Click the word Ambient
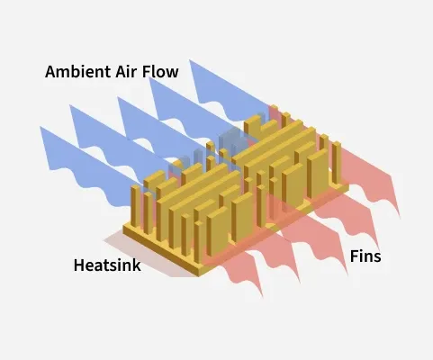pyautogui.click(x=77, y=72)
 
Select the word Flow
pyautogui.click(x=160, y=72)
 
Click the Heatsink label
pyautogui.click(x=107, y=265)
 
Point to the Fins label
pyautogui.click(x=365, y=256)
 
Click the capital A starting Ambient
pyautogui.click(x=50, y=72)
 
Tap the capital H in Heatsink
pyautogui.click(x=78, y=265)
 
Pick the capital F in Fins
pyautogui.click(x=354, y=256)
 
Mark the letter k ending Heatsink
pyautogui.click(x=137, y=265)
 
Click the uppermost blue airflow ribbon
pyautogui.click(x=228, y=93)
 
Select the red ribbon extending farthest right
pyautogui.click(x=372, y=177)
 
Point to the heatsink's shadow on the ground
pyautogui.click(x=144, y=255)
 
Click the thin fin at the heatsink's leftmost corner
pyautogui.click(x=136, y=206)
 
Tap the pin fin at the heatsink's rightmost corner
pyautogui.click(x=337, y=163)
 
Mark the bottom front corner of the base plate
pyautogui.click(x=198, y=276)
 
